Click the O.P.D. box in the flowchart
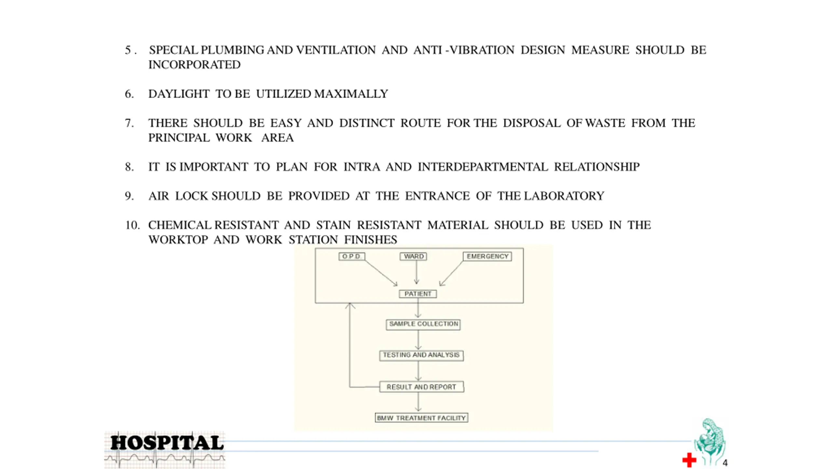pos(352,256)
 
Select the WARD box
pos(413,256)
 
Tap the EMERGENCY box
pos(487,256)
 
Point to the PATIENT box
pos(418,294)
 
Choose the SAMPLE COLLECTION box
pos(423,324)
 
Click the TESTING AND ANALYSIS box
pos(421,355)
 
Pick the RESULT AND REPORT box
pos(422,387)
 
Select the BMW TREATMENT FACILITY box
pos(421,418)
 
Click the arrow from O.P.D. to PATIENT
pos(381,273)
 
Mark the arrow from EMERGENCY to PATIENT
pos(451,274)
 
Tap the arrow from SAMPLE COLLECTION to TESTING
pos(418,340)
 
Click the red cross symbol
pos(689,460)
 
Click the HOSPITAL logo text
pos(167,443)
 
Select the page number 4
pos(725,463)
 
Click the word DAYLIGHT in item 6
pos(179,94)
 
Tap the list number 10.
pos(132,225)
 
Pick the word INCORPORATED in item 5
pos(195,65)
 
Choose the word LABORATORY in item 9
pos(564,196)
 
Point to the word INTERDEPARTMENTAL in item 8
pos(483,167)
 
